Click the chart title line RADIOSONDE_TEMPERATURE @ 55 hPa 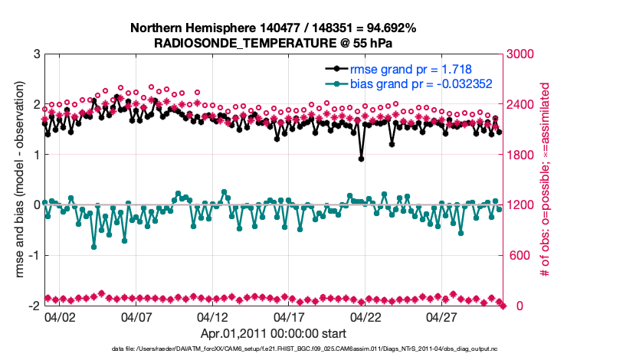pos(273,43)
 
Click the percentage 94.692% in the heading pos(387,28)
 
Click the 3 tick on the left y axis pos(36,54)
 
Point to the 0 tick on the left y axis pos(36,205)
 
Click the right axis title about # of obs pos(546,180)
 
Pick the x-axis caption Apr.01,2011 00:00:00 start pos(273,334)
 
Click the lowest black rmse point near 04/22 pos(361,159)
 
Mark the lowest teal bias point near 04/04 pos(94,247)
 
